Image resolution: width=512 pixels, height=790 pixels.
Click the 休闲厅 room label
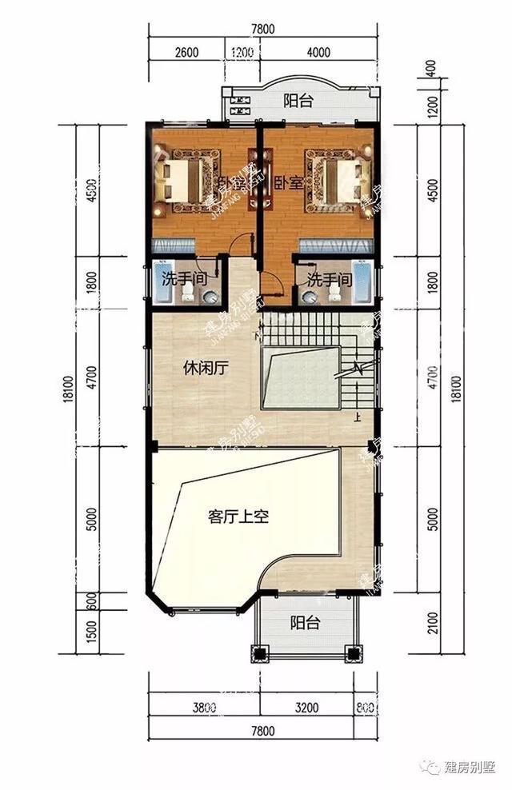click(x=206, y=369)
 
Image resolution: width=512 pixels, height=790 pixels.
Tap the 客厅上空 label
click(x=238, y=517)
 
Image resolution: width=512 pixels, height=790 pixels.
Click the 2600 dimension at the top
click(x=185, y=54)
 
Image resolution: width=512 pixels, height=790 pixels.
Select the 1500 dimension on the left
click(x=90, y=632)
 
